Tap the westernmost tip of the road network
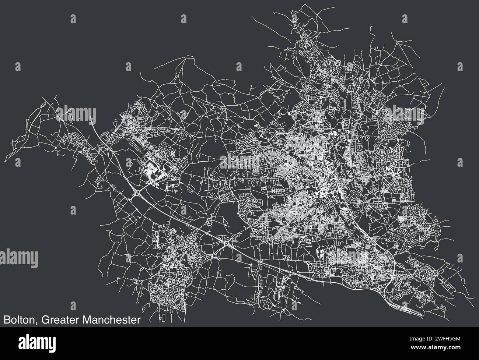(11, 144)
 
